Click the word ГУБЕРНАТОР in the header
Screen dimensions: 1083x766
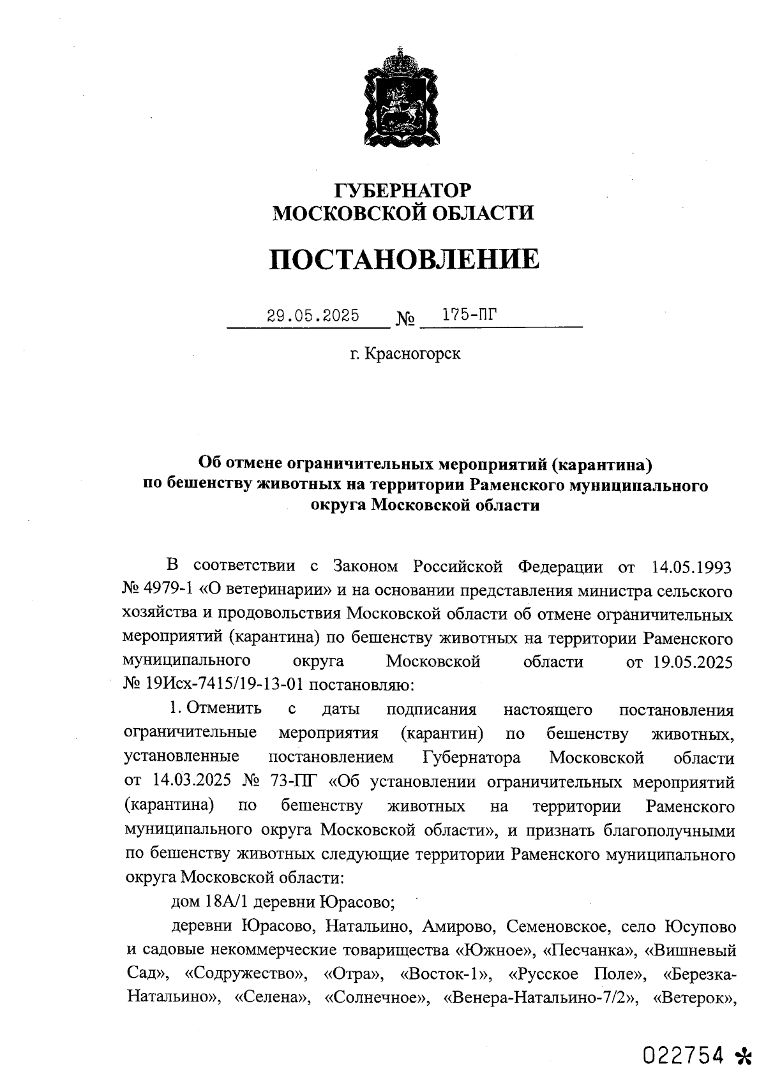(403, 190)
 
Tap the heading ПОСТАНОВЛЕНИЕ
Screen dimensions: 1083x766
(403, 259)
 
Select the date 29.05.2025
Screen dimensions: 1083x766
(313, 315)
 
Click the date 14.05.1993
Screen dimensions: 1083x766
(691, 566)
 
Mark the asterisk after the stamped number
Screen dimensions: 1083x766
(743, 1057)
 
